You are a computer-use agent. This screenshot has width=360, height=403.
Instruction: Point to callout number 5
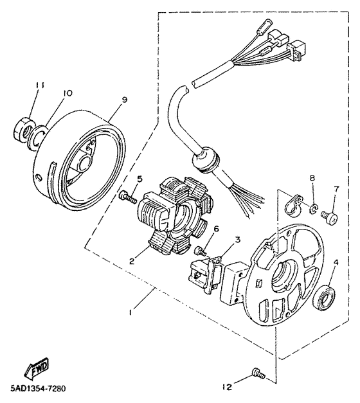click(139, 179)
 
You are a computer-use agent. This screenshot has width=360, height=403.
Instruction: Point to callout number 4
click(335, 262)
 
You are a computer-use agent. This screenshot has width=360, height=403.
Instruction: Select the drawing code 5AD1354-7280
click(37, 389)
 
